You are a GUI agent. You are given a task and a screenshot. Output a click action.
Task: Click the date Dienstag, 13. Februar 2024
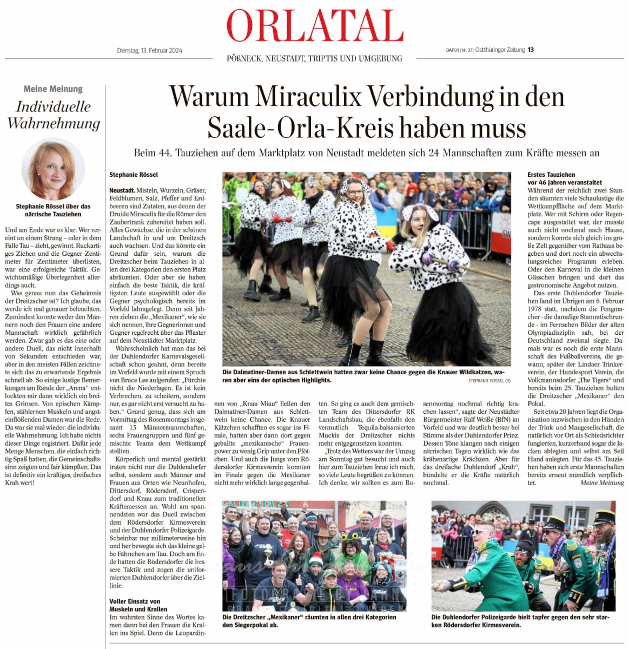point(149,51)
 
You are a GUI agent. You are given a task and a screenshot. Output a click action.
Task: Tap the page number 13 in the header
point(531,50)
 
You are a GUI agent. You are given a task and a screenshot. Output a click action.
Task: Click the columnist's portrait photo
point(52,169)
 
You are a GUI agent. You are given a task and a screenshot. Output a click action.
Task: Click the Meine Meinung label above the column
point(53,89)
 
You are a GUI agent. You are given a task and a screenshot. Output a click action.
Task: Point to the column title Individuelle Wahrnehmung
point(54,115)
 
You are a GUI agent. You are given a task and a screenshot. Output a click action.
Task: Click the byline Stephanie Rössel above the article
point(133,175)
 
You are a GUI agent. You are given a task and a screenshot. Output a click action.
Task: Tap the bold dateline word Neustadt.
point(122,190)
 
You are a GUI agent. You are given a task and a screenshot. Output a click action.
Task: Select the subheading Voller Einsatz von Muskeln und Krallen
point(135,605)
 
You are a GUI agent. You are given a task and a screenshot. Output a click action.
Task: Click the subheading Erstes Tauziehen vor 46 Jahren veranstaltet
point(564,178)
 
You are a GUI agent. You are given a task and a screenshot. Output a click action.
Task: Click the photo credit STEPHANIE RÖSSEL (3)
point(489,381)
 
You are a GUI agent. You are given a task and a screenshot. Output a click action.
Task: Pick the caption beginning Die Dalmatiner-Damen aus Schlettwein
point(363,376)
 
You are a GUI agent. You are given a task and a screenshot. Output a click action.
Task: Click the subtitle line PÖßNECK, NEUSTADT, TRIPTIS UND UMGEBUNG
point(314,58)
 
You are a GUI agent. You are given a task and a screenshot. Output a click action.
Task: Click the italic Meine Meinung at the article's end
point(602,482)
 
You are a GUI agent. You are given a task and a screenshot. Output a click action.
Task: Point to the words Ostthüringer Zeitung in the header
point(500,50)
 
